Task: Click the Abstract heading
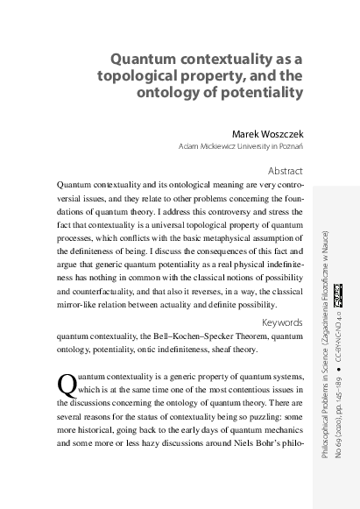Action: click(x=283, y=171)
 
